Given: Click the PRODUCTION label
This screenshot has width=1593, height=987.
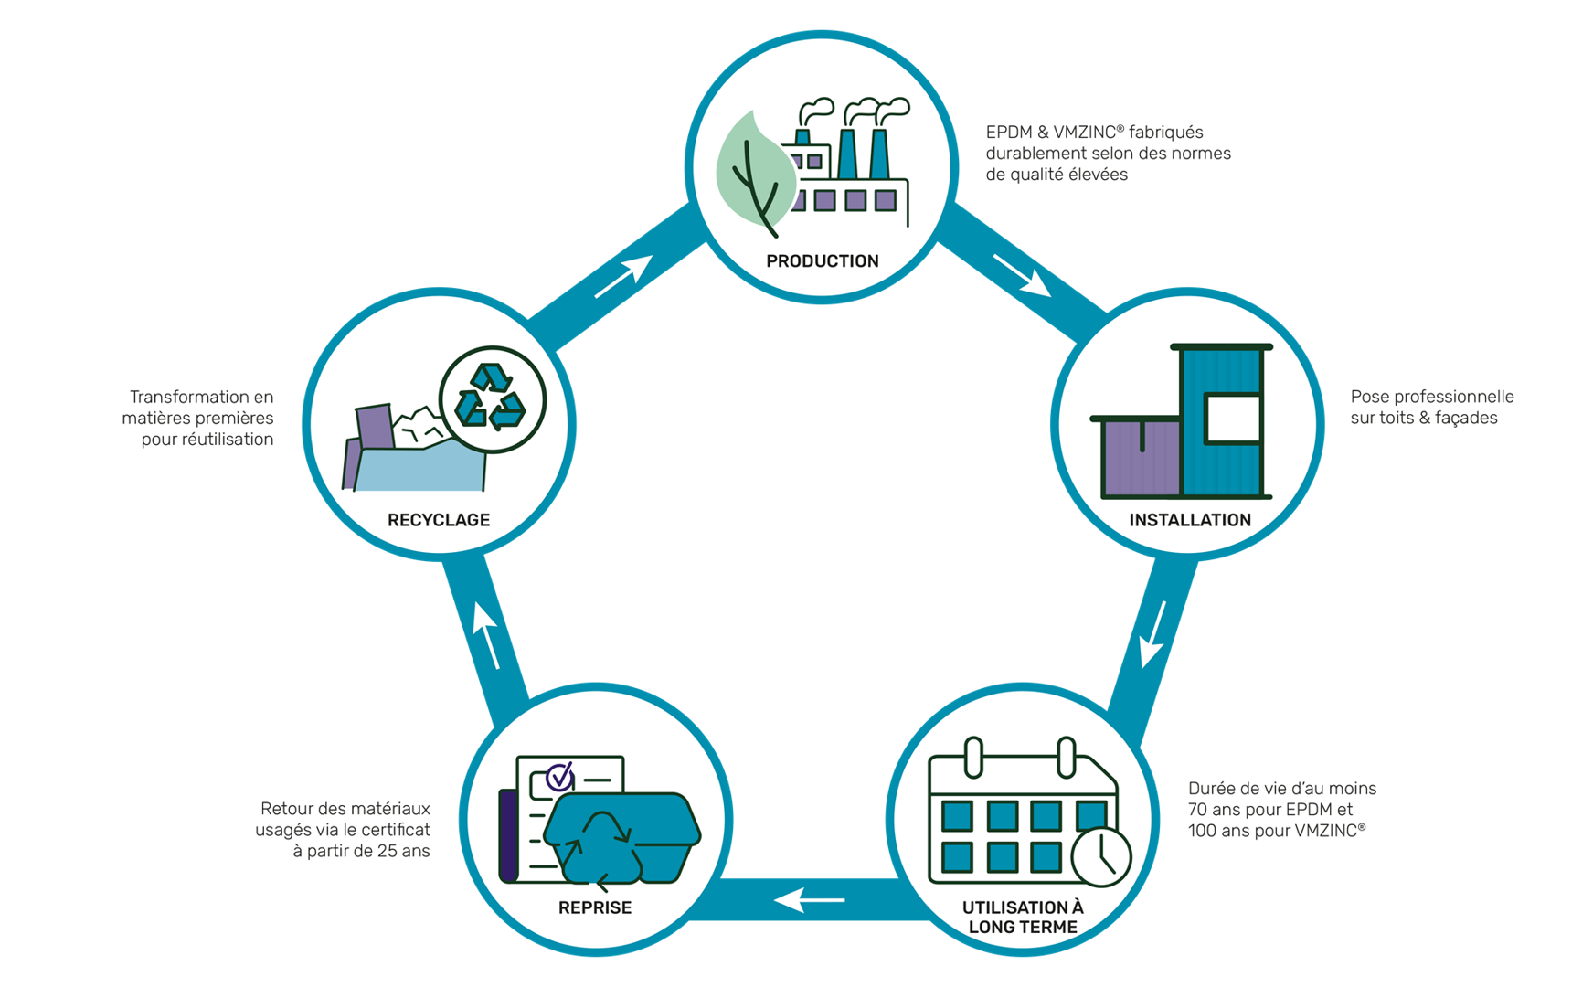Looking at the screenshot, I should click(823, 261).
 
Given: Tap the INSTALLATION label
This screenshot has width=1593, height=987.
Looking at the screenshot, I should click(1190, 520).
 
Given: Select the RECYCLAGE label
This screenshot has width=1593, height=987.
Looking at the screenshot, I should click(439, 520).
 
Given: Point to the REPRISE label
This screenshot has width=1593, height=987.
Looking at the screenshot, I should click(595, 907).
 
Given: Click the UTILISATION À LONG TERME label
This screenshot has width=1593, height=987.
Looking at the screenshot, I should click(1023, 917).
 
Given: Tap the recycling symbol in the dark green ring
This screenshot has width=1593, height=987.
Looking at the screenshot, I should click(493, 399).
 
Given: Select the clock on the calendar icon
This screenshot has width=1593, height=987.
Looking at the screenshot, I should click(1101, 857).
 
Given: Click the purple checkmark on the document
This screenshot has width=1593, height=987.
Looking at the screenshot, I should click(559, 777).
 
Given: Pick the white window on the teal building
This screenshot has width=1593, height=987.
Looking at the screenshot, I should click(1233, 419).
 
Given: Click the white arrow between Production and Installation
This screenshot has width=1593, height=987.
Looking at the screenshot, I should click(1022, 275).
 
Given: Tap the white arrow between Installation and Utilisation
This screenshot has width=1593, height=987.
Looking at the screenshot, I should click(1153, 634).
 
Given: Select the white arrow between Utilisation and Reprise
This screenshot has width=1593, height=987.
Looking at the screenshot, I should click(810, 900).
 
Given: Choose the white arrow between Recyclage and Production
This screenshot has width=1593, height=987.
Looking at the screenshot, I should click(623, 276).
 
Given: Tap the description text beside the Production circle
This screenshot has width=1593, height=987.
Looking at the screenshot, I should click(1108, 153).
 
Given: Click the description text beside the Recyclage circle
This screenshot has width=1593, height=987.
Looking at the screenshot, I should click(199, 419).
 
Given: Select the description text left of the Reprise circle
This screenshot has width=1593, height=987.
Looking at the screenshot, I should click(344, 830).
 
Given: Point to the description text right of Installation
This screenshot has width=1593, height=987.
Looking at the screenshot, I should click(1431, 408).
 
